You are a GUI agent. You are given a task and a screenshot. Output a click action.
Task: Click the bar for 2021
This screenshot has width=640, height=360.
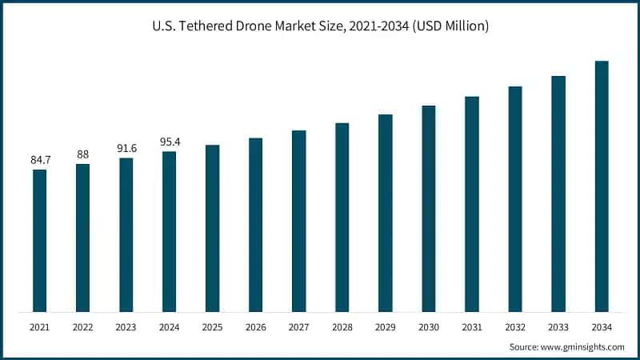(x=39, y=240)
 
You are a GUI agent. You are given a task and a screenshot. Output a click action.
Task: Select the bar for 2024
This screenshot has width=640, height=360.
(x=169, y=231)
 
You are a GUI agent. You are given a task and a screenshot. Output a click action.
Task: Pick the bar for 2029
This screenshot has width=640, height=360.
(x=386, y=213)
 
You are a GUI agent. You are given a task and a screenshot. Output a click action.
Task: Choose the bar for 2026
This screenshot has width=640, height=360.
(x=255, y=225)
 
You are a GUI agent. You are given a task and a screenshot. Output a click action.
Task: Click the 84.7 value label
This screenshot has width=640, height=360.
(x=39, y=160)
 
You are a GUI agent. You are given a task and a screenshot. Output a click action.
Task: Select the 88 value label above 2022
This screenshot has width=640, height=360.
(x=82, y=154)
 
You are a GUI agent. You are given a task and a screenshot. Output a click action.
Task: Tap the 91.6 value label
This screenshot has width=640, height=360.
(x=126, y=148)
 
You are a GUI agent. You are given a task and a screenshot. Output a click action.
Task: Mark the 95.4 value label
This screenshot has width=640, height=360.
(x=169, y=142)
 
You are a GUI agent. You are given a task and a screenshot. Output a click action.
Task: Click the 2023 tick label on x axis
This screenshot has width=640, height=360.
(x=126, y=326)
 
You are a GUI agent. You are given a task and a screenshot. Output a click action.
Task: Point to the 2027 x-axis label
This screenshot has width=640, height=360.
(x=298, y=326)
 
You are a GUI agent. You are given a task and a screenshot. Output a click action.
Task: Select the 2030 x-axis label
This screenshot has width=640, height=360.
(x=429, y=326)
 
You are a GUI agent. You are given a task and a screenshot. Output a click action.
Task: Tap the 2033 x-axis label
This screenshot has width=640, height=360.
(x=558, y=326)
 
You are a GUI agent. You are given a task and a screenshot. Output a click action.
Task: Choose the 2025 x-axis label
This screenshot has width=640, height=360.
(x=212, y=326)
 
